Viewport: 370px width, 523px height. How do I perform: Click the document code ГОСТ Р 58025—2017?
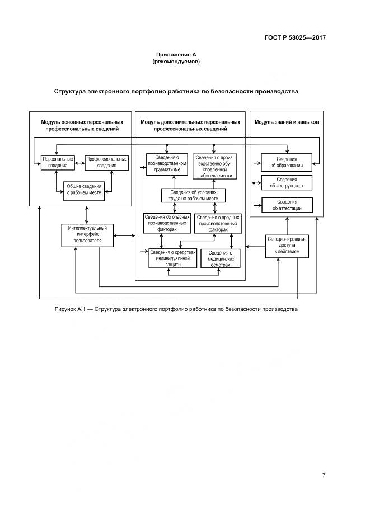point(294,37)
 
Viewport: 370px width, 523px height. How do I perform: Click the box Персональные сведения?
point(58,162)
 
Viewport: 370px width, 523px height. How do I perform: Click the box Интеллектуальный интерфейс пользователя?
point(87,234)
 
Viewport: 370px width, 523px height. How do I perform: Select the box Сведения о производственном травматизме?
point(167,164)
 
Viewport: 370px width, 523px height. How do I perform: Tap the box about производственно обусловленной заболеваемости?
point(214,166)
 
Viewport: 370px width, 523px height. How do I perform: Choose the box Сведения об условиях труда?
point(194,195)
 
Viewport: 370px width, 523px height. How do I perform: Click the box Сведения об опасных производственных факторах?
point(167,223)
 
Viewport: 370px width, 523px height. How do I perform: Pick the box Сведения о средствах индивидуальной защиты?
point(173,258)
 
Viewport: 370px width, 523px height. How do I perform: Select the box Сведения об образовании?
point(287,162)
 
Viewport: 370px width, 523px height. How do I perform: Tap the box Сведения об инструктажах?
point(287,182)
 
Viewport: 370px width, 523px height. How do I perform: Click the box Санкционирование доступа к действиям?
point(287,246)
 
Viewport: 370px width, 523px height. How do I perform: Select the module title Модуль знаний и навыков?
point(286,122)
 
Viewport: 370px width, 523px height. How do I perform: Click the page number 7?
point(324,475)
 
